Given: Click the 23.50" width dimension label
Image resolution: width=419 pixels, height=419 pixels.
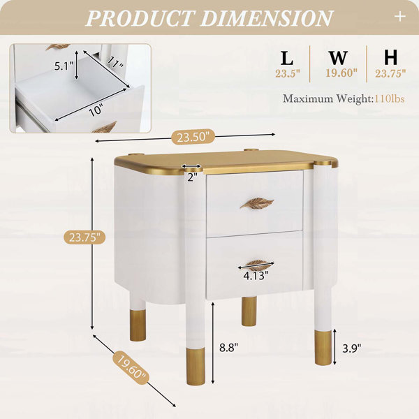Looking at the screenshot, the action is tap(193, 137).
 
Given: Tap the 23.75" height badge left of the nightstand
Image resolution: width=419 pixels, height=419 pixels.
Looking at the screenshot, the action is tap(84, 237).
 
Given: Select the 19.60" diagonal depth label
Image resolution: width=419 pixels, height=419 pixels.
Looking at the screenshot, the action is tap(132, 368).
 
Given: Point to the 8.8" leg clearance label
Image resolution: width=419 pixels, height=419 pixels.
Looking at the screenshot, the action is tap(228, 348).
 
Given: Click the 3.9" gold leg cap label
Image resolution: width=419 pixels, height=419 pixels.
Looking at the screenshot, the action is tap(352, 348).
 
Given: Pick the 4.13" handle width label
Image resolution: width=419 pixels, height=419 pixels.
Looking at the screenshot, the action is tap(256, 276).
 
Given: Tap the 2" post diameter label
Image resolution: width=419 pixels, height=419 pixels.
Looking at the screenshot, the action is tap(192, 177).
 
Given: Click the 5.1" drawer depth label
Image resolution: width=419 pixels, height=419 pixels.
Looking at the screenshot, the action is tap(64, 66).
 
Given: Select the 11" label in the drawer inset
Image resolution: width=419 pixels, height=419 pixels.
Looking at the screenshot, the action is tap(115, 63).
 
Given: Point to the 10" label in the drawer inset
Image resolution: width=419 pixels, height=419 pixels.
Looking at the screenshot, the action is tap(96, 110).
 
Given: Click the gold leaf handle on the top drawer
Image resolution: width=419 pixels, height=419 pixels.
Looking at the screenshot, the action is tap(257, 203).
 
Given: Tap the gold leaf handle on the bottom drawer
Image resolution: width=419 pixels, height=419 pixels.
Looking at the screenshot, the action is tap(258, 265).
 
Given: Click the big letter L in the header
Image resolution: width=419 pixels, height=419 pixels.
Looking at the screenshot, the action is tap(287, 58).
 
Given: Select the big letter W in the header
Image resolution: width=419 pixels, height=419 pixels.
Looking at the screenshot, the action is tap(338, 58).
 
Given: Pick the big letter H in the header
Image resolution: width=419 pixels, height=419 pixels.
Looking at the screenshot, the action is tap(390, 58).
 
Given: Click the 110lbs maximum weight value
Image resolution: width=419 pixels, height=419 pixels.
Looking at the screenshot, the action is tap(390, 99).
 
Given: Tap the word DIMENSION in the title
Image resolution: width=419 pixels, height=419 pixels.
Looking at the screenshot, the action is tap(267, 18).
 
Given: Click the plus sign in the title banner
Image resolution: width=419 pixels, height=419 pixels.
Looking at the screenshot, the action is tap(400, 17).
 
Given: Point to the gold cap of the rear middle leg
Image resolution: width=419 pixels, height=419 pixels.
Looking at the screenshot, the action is tap(249, 311).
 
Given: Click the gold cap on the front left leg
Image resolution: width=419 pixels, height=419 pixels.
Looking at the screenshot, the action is tap(196, 367).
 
